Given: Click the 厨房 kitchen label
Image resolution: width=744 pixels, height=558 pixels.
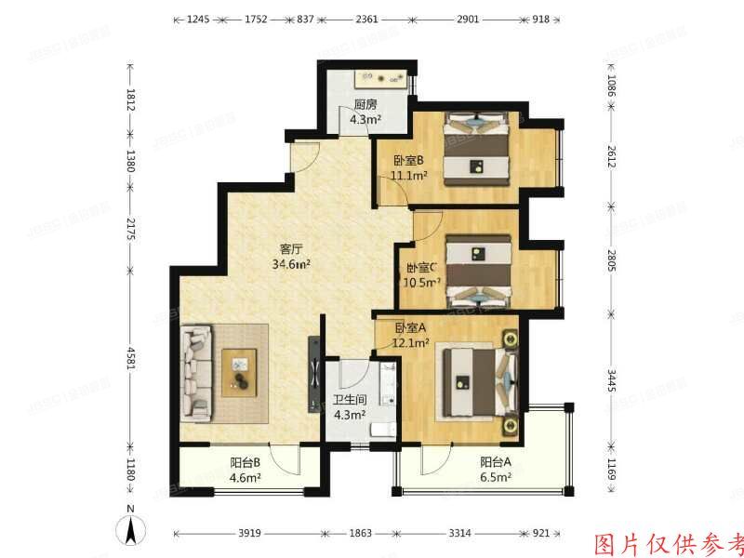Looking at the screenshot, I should [365, 104].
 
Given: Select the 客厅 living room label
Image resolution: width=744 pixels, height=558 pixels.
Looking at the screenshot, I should [291, 248].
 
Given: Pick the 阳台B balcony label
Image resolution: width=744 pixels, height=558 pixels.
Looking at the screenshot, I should [246, 462].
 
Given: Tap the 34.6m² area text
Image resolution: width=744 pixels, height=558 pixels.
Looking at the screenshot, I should [291, 264].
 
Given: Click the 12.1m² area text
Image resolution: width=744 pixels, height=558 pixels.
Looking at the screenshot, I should [411, 342].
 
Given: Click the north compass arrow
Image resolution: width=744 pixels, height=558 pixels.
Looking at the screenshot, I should [132, 531].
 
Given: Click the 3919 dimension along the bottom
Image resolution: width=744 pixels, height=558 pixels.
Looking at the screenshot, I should [247, 534].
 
